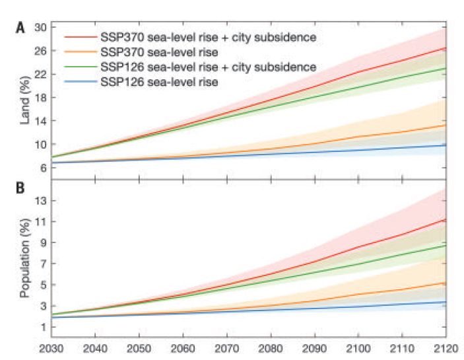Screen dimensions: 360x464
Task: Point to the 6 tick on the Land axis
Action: pos(43,168)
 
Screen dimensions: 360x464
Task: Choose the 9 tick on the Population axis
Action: pos(43,242)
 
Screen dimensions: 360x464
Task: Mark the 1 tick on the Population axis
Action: pos(43,326)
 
